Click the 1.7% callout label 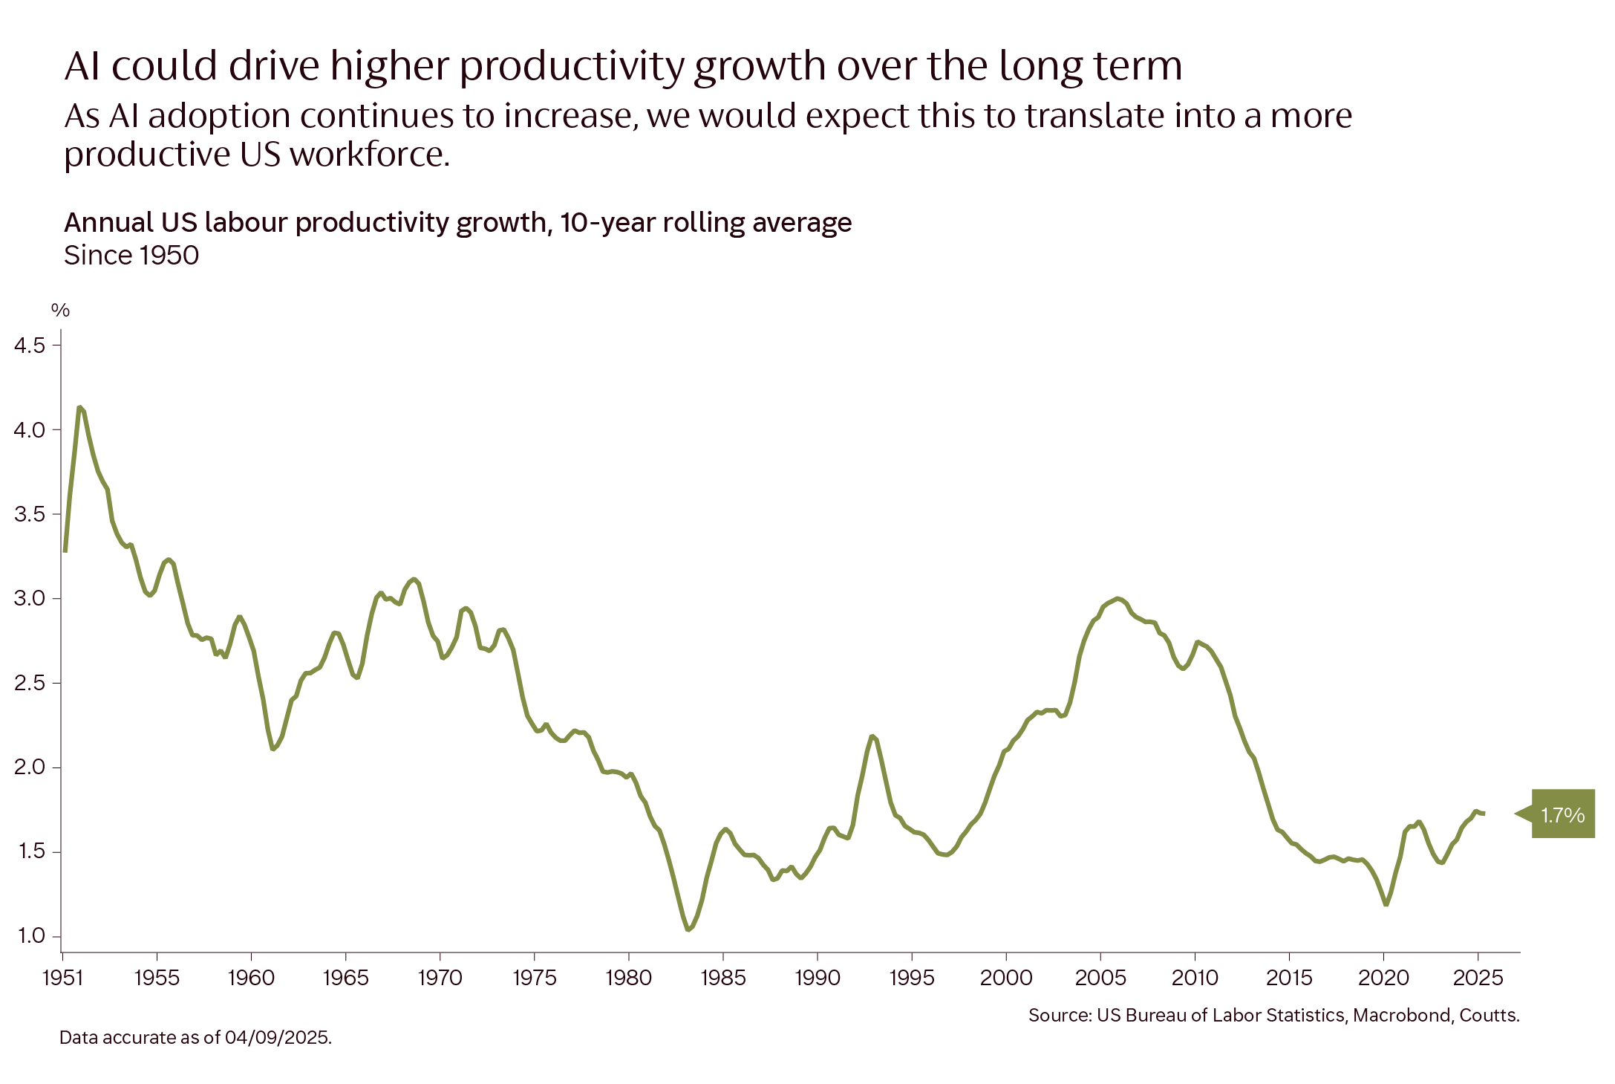pos(1562,815)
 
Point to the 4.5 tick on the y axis pos(30,345)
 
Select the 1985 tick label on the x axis pos(722,978)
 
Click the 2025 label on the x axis pos(1478,978)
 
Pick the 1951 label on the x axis pos(63,978)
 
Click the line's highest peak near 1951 pos(80,408)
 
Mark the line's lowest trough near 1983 pos(689,929)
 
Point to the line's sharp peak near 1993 pos(873,736)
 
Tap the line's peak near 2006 pos(1117,599)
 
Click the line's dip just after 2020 pos(1386,903)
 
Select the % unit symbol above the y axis pos(60,311)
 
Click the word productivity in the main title pos(572,67)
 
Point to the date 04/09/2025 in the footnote pos(277,1037)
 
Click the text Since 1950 pos(131,256)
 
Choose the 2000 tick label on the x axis pos(1005,978)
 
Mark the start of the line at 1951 pos(65,550)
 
